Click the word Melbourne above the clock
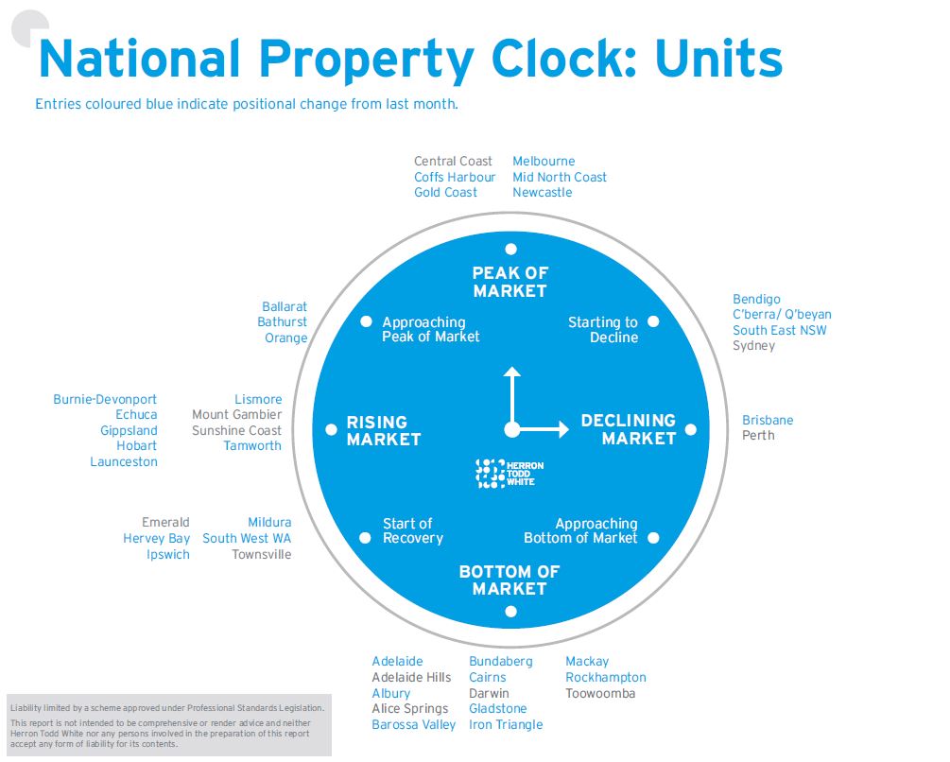point(544,162)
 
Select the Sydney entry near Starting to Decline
point(753,346)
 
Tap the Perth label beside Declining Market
point(758,436)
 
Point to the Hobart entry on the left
point(137,446)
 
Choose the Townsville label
point(262,555)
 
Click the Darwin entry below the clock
point(489,694)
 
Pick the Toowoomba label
point(600,694)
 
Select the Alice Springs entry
point(410,709)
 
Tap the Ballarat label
point(285,307)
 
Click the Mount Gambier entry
point(236,415)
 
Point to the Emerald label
point(165,523)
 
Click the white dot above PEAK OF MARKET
point(510,250)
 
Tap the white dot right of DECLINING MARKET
point(690,430)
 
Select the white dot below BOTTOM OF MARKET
point(510,612)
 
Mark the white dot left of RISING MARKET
point(331,429)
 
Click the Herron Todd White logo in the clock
point(510,474)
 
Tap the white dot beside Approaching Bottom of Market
point(653,538)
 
